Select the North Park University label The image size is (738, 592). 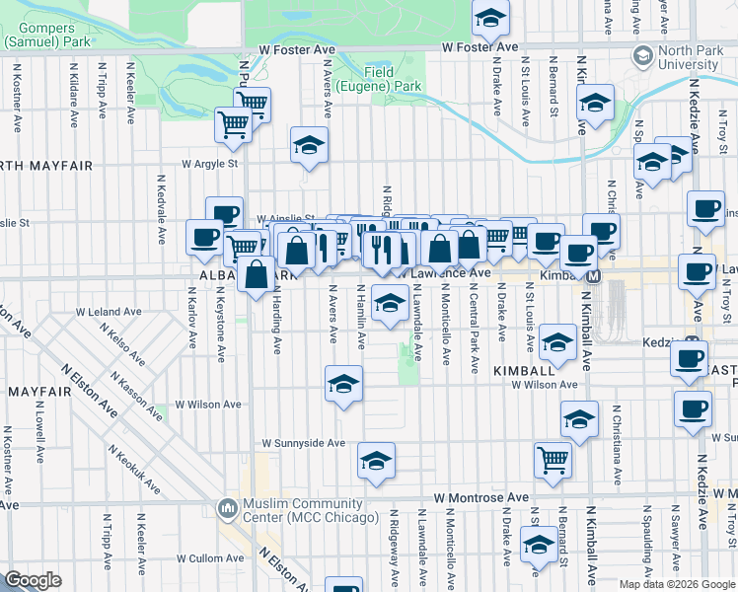[x=688, y=56]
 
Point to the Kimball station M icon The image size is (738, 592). [x=594, y=277]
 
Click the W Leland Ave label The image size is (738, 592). [x=116, y=312]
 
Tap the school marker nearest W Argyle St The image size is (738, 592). [x=309, y=146]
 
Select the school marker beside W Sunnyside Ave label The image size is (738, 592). [x=376, y=460]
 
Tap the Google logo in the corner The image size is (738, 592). [x=34, y=580]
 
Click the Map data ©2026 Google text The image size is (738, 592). [x=677, y=584]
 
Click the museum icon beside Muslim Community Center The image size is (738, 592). [x=229, y=510]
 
